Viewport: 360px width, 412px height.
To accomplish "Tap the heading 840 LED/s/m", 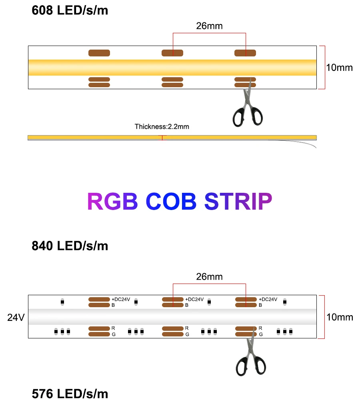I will [70, 246].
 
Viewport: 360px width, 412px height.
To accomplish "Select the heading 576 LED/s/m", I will [70, 394].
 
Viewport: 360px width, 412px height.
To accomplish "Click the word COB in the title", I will [171, 201].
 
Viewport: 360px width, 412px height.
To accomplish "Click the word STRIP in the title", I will [238, 201].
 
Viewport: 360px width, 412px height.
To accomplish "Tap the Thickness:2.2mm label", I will [162, 127].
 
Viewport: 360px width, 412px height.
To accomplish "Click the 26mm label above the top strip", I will [209, 26].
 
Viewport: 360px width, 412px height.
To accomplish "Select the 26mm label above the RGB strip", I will [209, 276].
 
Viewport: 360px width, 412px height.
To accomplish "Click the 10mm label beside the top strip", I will [340, 68].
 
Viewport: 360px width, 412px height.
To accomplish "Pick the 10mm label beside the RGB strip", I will [340, 317].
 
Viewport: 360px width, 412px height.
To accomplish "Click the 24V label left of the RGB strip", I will [16, 318].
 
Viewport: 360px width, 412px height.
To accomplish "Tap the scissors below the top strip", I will [248, 106].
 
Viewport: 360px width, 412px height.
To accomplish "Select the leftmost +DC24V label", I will [121, 299].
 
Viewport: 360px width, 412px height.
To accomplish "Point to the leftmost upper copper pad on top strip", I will [99, 53].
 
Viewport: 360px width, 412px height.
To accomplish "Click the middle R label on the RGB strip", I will [186, 328].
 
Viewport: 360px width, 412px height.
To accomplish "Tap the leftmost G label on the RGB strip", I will [114, 334].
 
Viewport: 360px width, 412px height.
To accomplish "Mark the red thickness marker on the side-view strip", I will [162, 138].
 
